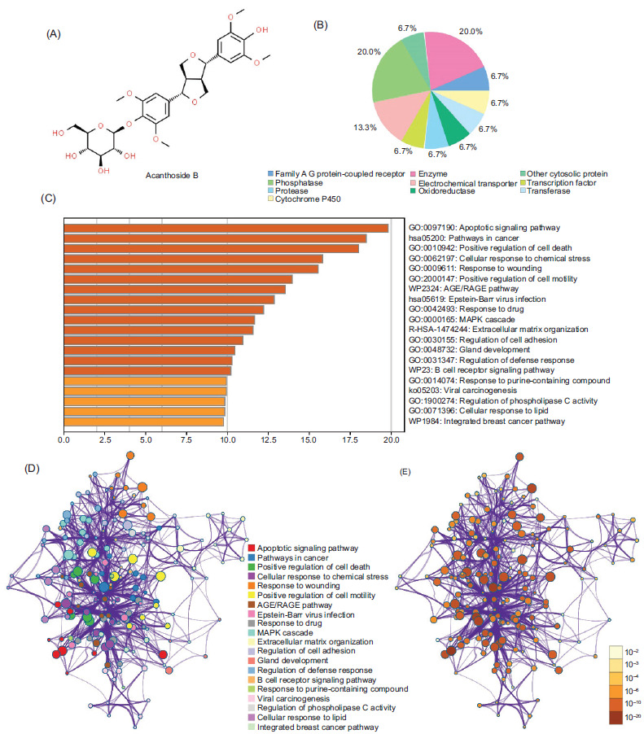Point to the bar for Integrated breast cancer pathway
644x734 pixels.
(143, 421)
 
